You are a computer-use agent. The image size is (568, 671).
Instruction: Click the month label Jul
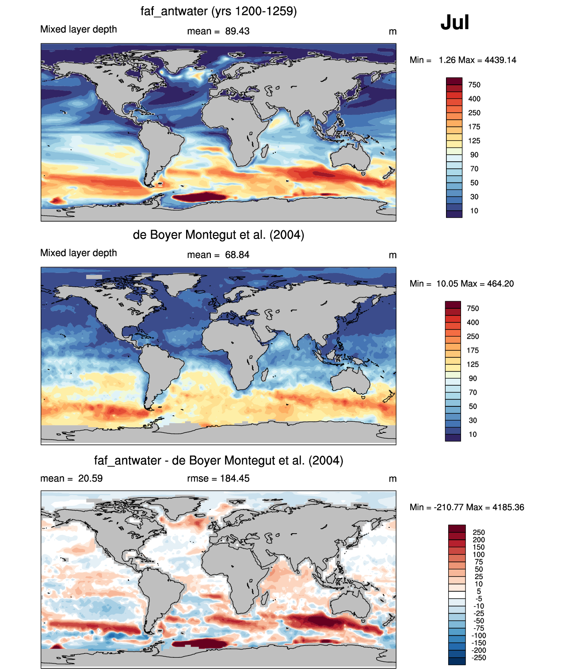coord(455,23)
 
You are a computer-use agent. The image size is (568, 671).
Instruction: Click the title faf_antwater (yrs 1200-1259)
coord(218,11)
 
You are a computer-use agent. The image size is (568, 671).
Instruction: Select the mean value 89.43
coord(237,31)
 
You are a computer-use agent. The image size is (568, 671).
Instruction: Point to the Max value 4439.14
coord(500,60)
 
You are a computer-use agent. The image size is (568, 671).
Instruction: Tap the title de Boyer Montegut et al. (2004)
coord(218,235)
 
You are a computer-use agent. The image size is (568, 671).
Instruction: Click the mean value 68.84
coord(237,255)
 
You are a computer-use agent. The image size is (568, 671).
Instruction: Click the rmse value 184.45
coord(235,478)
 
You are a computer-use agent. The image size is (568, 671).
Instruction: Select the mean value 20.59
coord(90,478)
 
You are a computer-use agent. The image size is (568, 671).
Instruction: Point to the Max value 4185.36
coord(508,508)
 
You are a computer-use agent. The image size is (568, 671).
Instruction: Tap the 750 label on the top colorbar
coord(474,85)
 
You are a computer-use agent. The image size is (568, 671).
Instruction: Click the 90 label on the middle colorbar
coord(473,379)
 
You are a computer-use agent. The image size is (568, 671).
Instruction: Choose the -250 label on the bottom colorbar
coord(479,658)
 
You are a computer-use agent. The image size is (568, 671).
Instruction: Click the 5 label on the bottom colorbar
coord(479,591)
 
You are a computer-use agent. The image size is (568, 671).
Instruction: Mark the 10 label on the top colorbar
coord(474,211)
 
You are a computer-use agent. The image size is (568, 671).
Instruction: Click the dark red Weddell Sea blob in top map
coord(199,197)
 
